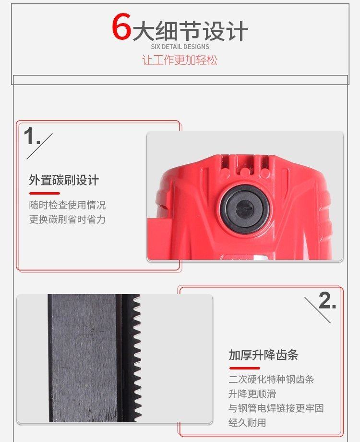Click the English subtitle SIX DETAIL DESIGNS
coord(180,47)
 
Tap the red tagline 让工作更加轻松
coord(180,60)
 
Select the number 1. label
coord(32,136)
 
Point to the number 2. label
coord(327,300)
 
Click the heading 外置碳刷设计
coord(64,180)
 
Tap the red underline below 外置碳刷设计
coord(45,193)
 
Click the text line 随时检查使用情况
coord(67,205)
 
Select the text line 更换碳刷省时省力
coord(67,219)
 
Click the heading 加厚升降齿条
coord(264,355)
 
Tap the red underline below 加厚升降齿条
coord(244,368)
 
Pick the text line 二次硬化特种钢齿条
coord(271,380)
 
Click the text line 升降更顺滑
coord(252,394)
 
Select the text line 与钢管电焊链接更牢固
coord(276,408)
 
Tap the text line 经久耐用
coord(247,423)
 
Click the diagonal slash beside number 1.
coord(39,147)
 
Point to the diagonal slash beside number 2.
coord(317,310)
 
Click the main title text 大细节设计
coord(191,30)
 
